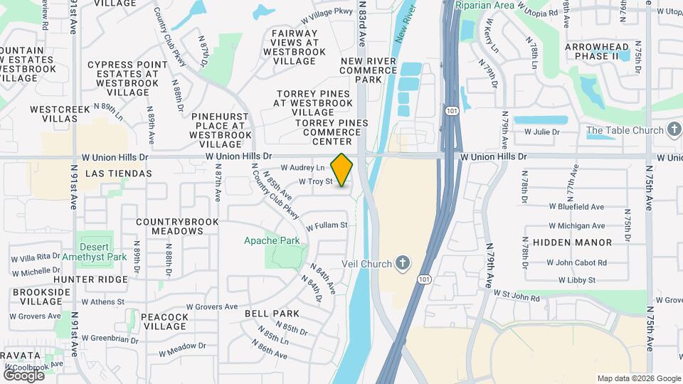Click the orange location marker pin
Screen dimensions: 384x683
pyautogui.click(x=342, y=169)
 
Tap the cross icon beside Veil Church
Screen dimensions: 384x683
pyautogui.click(x=403, y=264)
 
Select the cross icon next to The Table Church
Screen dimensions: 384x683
pyautogui.click(x=674, y=130)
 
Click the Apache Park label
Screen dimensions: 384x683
pyautogui.click(x=272, y=240)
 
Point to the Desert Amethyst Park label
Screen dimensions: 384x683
pyautogui.click(x=94, y=250)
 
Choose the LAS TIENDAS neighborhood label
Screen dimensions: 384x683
pyautogui.click(x=118, y=174)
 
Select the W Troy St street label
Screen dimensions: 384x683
pyautogui.click(x=316, y=181)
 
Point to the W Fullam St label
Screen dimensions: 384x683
pyautogui.click(x=327, y=226)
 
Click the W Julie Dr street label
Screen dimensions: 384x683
pyautogui.click(x=542, y=132)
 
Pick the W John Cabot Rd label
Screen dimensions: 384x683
pyautogui.click(x=577, y=262)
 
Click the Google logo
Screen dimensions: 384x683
pyautogui.click(x=23, y=375)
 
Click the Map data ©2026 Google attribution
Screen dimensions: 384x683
pyautogui.click(x=639, y=378)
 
